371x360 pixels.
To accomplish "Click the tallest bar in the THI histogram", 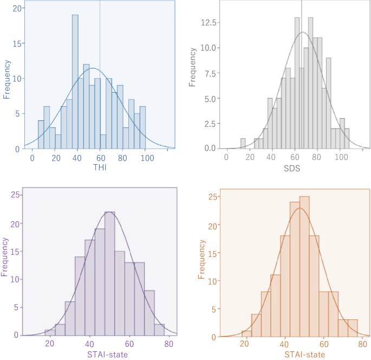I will [75, 81].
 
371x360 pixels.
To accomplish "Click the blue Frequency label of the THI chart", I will [7, 79].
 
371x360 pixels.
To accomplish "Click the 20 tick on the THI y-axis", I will [17, 9].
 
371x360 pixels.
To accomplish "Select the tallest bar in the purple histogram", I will [109, 274].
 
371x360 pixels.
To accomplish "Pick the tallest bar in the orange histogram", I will [304, 266].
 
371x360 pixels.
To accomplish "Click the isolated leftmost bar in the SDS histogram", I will [243, 144].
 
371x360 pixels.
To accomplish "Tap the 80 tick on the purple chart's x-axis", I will [168, 344].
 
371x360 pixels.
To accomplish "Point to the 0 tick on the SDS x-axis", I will [226, 157].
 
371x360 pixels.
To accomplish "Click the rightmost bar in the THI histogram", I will [142, 127].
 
